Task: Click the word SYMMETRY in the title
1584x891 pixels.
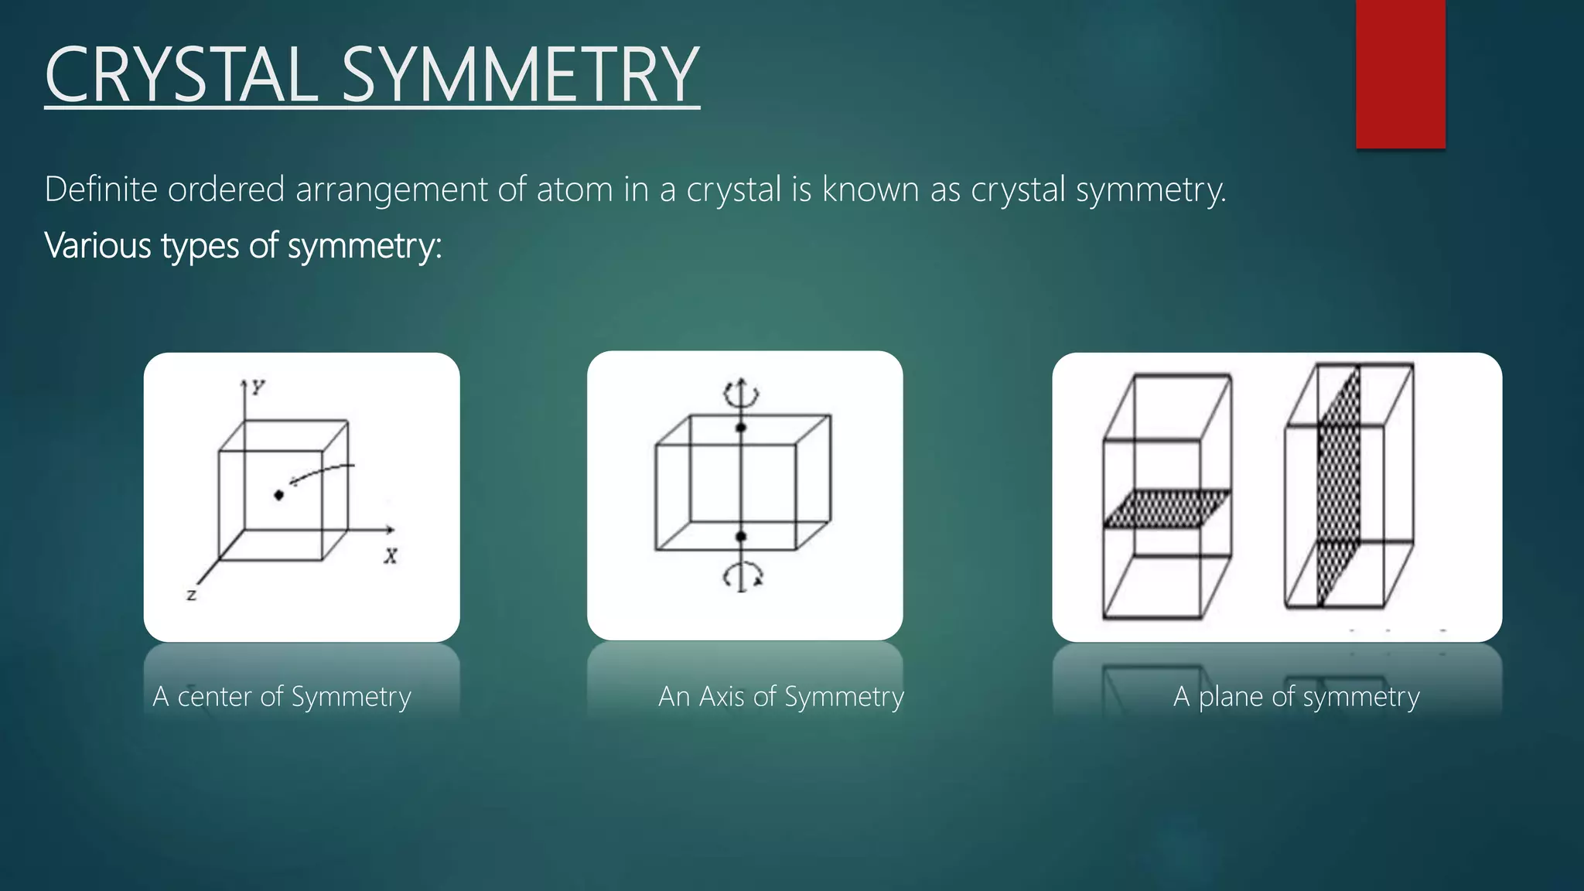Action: tap(520, 75)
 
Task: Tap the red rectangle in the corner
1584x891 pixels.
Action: tap(1400, 73)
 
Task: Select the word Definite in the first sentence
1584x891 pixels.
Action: tap(101, 189)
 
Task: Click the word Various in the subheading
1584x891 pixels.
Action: tap(98, 246)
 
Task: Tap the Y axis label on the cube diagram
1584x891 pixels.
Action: tap(258, 387)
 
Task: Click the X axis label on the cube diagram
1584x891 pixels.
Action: tap(391, 556)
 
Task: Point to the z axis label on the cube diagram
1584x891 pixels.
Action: tap(191, 595)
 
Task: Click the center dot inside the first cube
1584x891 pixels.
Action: tap(279, 495)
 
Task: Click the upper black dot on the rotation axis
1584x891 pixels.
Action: tap(741, 428)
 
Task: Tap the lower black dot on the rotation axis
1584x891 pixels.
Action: tap(741, 536)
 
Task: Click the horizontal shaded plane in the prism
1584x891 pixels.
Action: tap(1166, 508)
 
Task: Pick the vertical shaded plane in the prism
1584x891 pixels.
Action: tap(1338, 487)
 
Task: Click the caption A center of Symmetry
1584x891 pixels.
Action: tap(282, 697)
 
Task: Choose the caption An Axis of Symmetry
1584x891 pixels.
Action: tap(780, 697)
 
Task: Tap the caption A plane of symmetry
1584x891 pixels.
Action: tap(1296, 697)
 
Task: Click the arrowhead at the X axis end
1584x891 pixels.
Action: tap(391, 530)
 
